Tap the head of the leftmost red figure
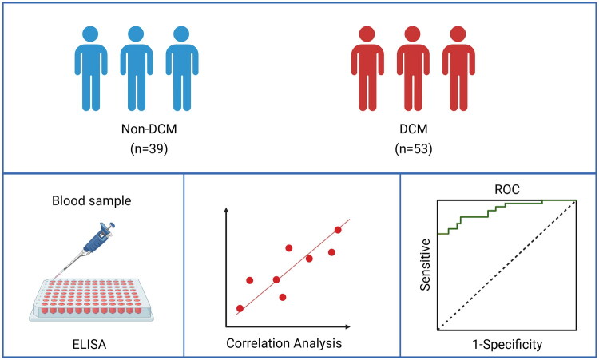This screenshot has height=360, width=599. click(366, 34)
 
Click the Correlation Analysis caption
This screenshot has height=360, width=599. click(284, 343)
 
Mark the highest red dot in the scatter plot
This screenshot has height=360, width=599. click(338, 230)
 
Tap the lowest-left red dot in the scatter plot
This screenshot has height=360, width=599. click(240, 308)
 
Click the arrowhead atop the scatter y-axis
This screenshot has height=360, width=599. click(227, 209)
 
